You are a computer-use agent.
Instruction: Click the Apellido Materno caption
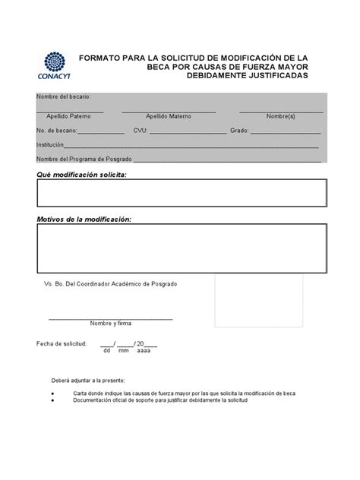click(x=168, y=118)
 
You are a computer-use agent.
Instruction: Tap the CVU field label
click(x=141, y=131)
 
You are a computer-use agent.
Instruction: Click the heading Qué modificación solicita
click(x=82, y=175)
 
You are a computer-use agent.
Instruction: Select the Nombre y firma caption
click(x=110, y=324)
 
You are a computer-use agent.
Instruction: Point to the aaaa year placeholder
click(x=143, y=352)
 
